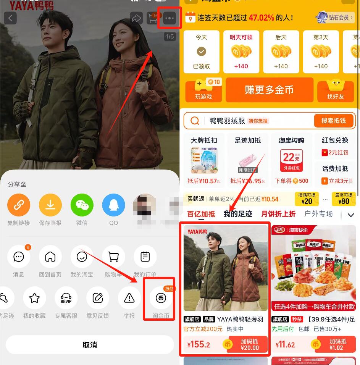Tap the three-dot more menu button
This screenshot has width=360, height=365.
(170, 18)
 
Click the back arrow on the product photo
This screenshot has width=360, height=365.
(10, 18)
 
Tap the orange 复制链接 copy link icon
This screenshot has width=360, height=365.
(19, 205)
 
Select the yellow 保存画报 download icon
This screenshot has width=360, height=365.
(50, 205)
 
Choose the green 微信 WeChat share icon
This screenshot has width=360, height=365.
(82, 205)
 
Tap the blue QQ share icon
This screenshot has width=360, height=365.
(113, 205)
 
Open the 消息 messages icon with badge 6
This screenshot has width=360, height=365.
(19, 257)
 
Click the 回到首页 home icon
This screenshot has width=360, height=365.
(50, 257)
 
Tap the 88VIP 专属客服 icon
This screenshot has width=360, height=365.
(66, 298)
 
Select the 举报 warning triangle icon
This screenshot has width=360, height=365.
(129, 298)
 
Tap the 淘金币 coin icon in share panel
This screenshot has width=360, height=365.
(161, 298)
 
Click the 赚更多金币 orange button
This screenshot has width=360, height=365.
(269, 90)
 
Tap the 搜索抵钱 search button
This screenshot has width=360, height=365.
(333, 121)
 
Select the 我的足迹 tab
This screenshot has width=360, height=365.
(238, 214)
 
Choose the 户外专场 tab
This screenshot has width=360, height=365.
(318, 214)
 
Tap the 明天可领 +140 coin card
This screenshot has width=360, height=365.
(241, 52)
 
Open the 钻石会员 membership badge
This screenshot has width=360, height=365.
(335, 18)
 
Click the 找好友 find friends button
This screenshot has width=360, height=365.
(335, 90)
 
